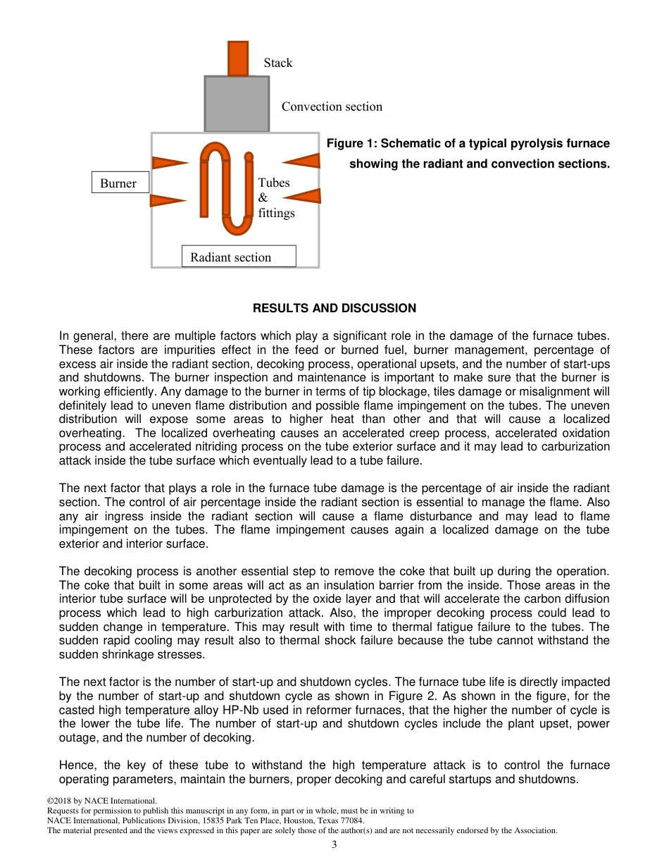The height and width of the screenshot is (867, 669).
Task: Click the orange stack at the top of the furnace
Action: [237, 59]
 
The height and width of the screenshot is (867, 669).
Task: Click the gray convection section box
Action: [237, 104]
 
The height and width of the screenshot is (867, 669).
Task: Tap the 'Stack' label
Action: [278, 63]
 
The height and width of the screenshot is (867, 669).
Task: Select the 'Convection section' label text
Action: [332, 106]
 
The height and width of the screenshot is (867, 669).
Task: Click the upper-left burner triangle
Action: [169, 163]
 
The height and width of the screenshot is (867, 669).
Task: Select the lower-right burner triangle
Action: [304, 196]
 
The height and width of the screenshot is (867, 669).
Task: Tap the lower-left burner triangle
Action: [167, 200]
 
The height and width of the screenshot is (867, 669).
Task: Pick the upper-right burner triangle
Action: [303, 160]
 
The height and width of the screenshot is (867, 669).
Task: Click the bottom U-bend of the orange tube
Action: [237, 226]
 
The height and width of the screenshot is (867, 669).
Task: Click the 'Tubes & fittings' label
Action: [275, 197]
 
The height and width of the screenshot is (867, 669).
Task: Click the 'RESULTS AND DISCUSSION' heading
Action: [334, 308]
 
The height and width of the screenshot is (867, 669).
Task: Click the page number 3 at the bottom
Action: [334, 844]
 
